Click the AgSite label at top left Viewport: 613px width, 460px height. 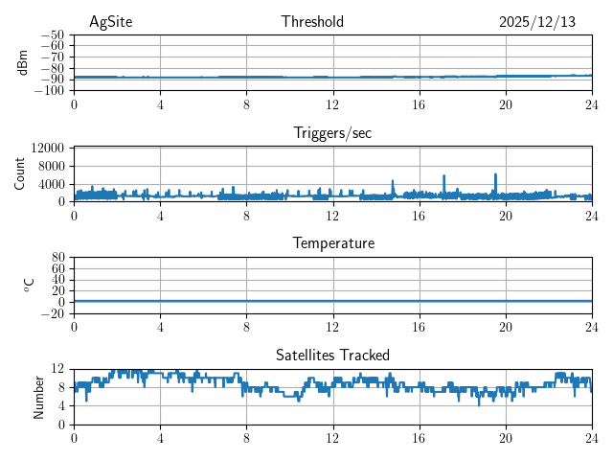[x=110, y=22]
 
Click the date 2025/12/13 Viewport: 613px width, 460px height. [x=537, y=22]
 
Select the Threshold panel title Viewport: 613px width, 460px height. [x=312, y=22]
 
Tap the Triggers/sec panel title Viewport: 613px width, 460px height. [x=332, y=133]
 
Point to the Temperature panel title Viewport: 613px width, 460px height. [x=333, y=243]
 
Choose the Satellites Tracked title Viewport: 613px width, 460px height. [x=332, y=355]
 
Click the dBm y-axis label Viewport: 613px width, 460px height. [x=23, y=62]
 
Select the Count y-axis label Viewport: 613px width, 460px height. [x=19, y=173]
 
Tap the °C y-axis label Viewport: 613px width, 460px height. [x=29, y=285]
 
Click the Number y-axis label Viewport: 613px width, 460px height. [x=39, y=396]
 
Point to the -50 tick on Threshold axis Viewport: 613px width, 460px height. [x=52, y=34]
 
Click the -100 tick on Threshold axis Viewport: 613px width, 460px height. [x=49, y=90]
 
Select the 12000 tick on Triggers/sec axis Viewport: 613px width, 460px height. [x=48, y=148]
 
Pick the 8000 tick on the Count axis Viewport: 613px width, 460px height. [x=51, y=166]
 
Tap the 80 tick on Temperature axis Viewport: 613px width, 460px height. [x=58, y=258]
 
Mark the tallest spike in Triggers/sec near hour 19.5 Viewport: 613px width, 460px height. [x=495, y=174]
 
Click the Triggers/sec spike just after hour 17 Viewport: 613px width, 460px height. [x=444, y=176]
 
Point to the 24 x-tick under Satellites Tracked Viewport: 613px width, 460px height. [x=591, y=435]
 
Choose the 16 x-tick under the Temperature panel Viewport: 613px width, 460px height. [x=419, y=324]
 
